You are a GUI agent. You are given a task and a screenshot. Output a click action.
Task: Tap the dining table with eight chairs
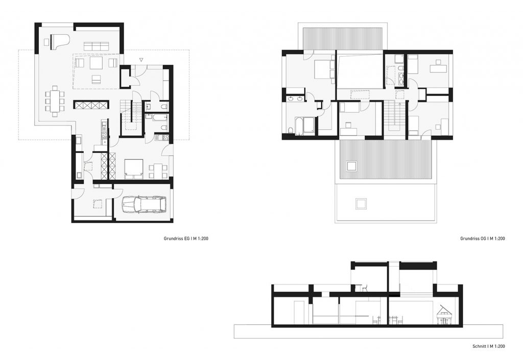click(x=55, y=101)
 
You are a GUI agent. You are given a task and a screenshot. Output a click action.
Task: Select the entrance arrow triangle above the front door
click(x=142, y=60)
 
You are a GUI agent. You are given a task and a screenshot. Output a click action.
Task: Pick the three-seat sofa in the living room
click(x=97, y=46)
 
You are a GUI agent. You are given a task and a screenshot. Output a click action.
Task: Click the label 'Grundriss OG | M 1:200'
click(x=482, y=238)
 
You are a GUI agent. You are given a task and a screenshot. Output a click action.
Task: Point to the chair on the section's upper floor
click(x=364, y=289)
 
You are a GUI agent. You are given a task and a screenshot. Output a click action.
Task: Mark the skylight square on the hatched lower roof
click(x=351, y=165)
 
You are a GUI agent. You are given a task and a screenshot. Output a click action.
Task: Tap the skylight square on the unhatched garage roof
click(x=361, y=204)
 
